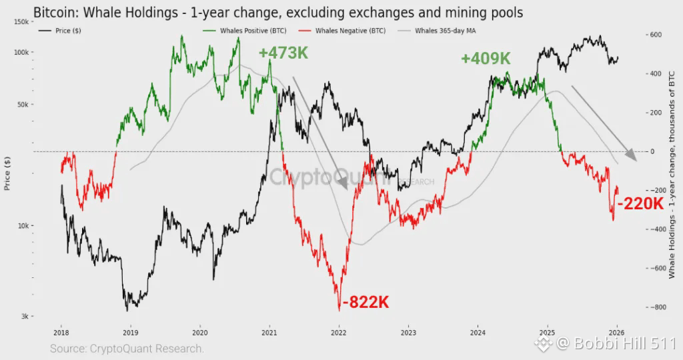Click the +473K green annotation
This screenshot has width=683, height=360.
pyautogui.click(x=283, y=53)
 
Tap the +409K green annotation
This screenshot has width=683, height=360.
pyautogui.click(x=486, y=59)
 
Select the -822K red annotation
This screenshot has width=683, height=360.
pyautogui.click(x=366, y=303)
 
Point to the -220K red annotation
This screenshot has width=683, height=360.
pyautogui.click(x=640, y=204)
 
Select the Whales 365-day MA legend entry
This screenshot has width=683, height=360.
pyautogui.click(x=446, y=31)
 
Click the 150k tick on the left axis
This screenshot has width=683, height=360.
pyautogui.click(x=21, y=22)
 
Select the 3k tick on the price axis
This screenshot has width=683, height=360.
pyautogui.click(x=23, y=317)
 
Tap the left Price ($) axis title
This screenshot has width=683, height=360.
pyautogui.click(x=8, y=170)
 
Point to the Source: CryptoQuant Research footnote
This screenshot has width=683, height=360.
pyautogui.click(x=127, y=348)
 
